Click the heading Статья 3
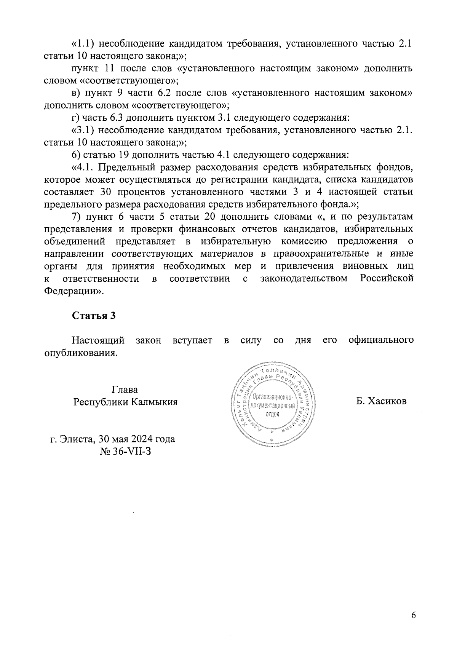(94, 316)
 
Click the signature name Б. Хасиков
(382, 401)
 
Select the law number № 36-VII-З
(126, 452)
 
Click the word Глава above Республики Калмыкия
(125, 390)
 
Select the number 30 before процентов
(107, 192)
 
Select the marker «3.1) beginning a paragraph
(83, 131)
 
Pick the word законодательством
(304, 278)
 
